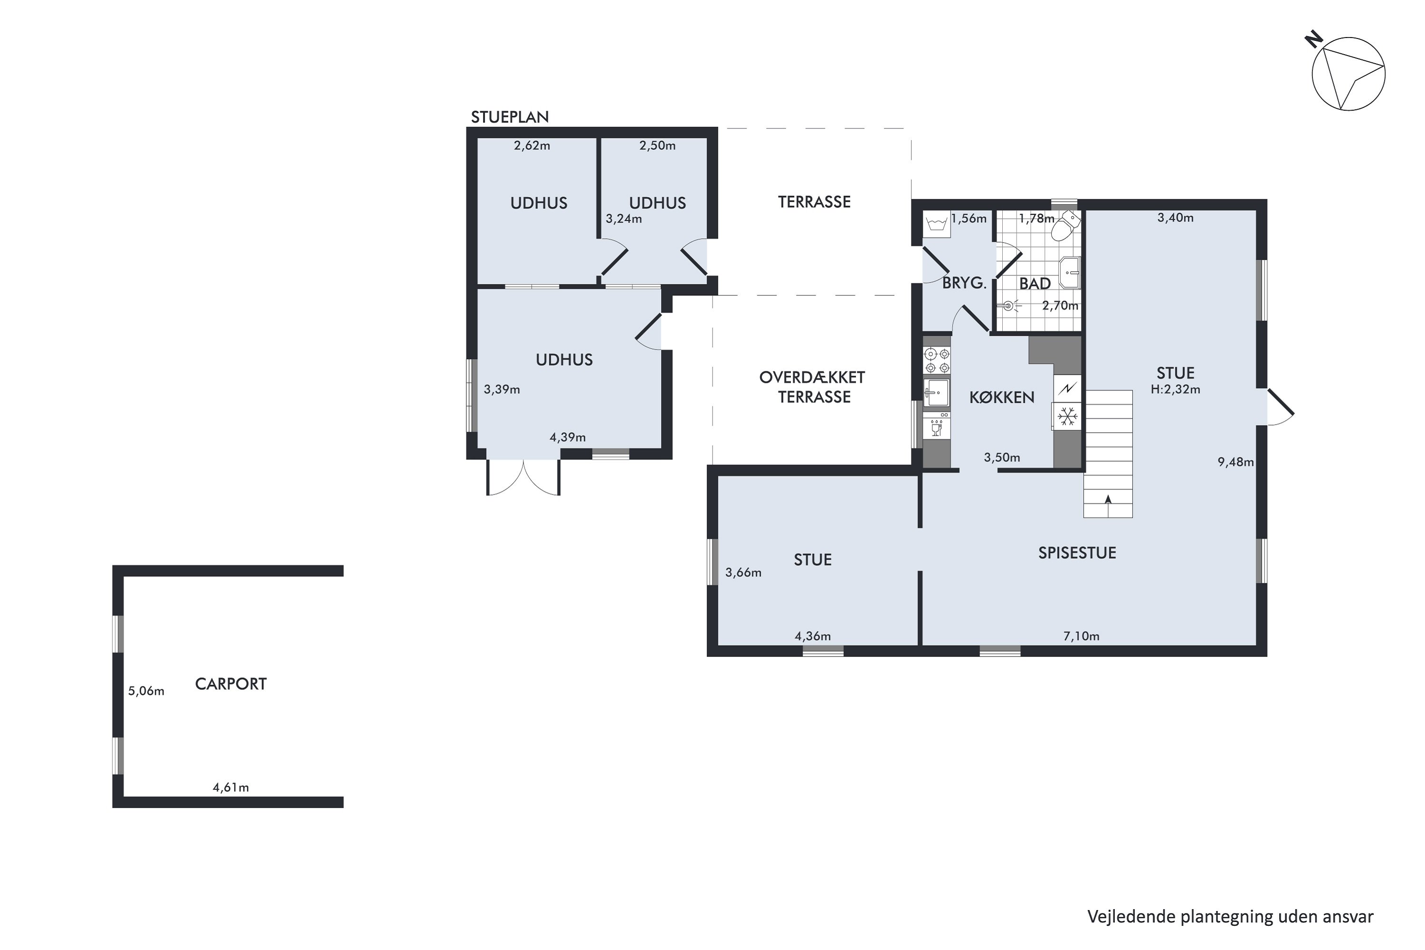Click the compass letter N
coord(1313,40)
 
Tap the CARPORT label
coord(231,684)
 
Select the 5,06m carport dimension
coord(146,691)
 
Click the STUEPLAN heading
coord(510,117)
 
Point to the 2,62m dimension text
coord(532,145)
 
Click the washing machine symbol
coord(937,225)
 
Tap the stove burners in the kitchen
coord(937,361)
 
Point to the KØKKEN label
coord(1002,398)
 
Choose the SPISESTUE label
coord(1077,552)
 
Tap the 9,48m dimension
coord(1236,462)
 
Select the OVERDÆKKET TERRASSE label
coord(812,387)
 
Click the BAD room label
coord(1035,284)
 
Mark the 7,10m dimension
coord(1082,636)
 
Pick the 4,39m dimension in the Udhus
coord(568,437)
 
